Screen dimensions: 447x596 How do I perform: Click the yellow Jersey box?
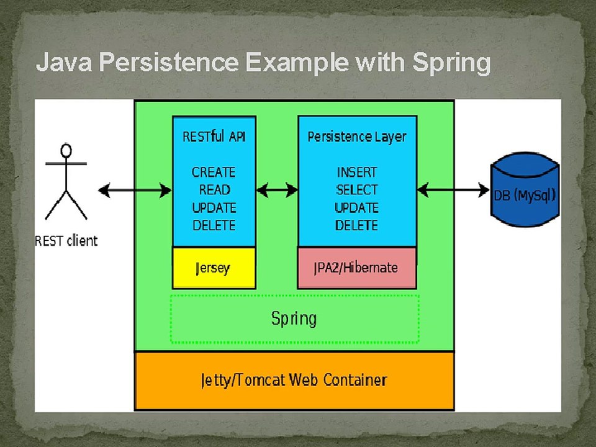click(x=214, y=268)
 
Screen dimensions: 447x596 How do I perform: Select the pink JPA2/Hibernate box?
click(x=356, y=268)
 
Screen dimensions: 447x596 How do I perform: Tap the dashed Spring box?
click(x=294, y=319)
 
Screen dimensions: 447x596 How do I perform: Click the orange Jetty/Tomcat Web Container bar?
click(x=294, y=380)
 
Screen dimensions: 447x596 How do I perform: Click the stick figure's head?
click(x=66, y=150)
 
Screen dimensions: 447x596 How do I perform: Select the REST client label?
click(x=66, y=241)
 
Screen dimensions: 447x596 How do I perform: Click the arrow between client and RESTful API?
click(x=135, y=191)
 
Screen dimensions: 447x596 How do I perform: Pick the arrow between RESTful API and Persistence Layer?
click(x=277, y=191)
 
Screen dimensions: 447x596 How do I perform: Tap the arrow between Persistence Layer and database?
click(x=453, y=191)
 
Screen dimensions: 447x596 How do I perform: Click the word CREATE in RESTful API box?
click(x=214, y=172)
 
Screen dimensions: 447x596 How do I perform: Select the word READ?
click(x=214, y=190)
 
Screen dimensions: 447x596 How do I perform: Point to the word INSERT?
click(x=357, y=172)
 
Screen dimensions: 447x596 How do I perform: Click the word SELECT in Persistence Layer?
click(x=357, y=190)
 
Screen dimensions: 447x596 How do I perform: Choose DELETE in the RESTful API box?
click(x=214, y=225)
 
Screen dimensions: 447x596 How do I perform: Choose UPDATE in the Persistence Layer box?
click(x=357, y=208)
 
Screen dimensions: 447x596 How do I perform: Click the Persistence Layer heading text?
click(x=357, y=137)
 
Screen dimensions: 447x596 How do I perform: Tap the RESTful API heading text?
click(x=214, y=137)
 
